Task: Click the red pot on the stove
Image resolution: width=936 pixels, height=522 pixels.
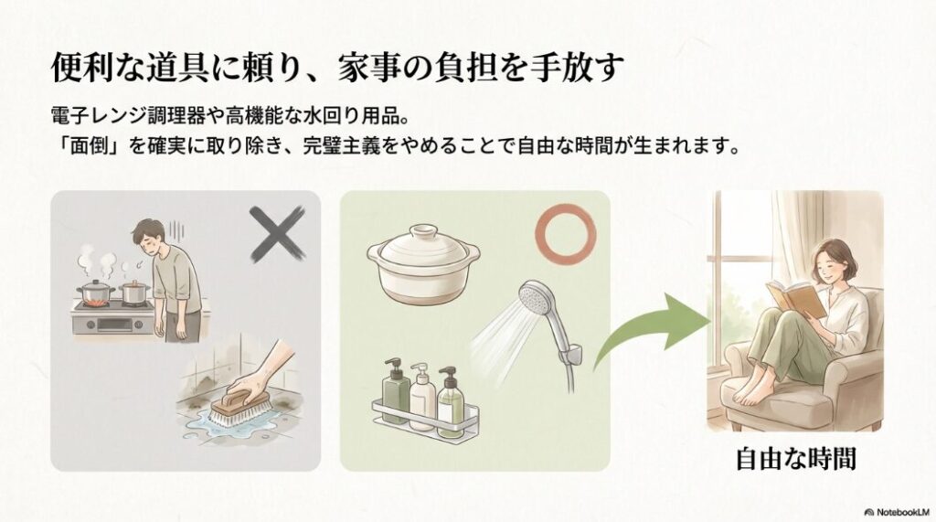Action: click(94, 293)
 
